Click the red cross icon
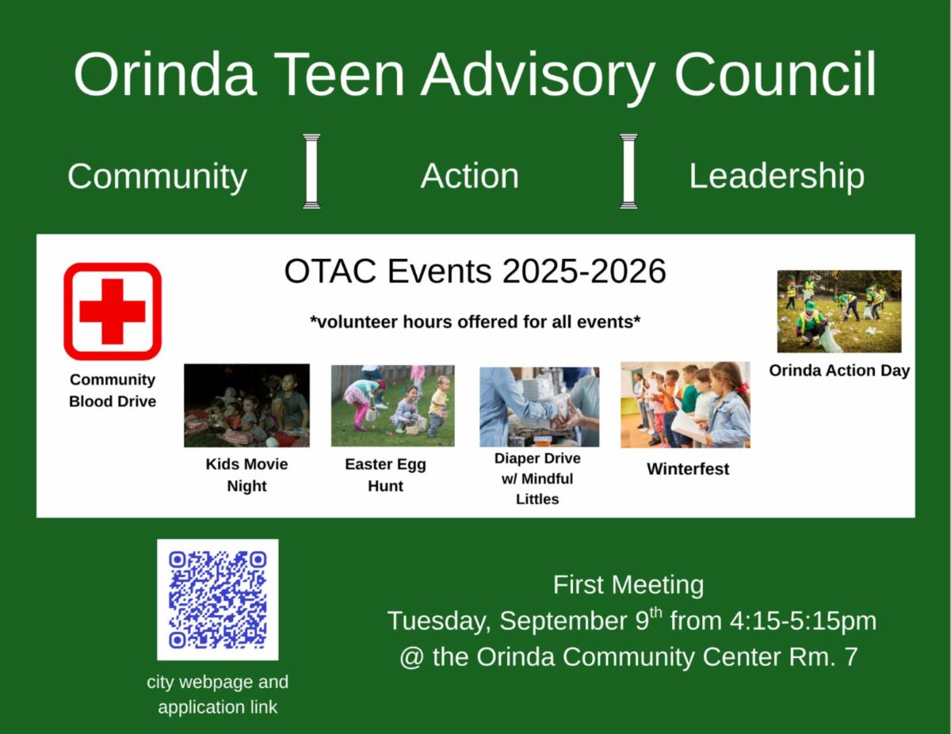(113, 311)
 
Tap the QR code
(217, 600)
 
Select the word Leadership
(777, 177)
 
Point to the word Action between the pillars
(470, 176)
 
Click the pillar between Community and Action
(311, 171)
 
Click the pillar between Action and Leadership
(628, 171)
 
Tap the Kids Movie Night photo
(246, 405)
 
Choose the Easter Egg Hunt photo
(392, 405)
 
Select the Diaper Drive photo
(539, 406)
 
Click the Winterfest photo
(686, 405)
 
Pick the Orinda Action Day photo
(839, 311)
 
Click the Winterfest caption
(688, 469)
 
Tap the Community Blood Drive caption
(113, 390)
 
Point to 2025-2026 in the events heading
(584, 272)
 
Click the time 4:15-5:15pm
(803, 622)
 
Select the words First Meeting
(628, 584)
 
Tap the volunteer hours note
(475, 322)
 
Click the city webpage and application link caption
(217, 694)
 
